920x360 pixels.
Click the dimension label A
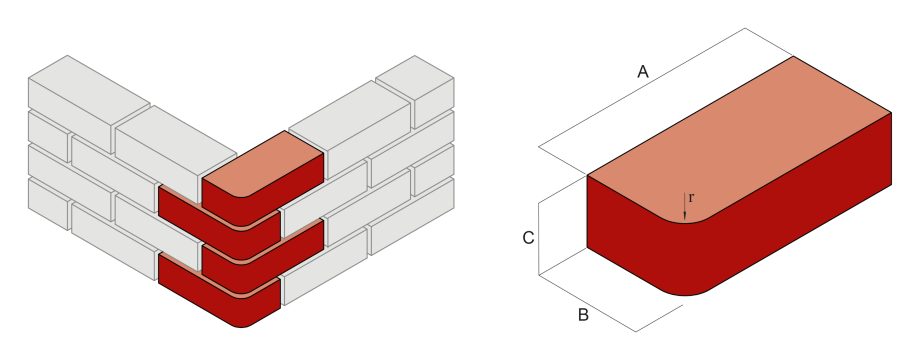tap(644, 71)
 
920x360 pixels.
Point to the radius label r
tap(691, 198)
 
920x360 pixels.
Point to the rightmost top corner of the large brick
tap(890, 112)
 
